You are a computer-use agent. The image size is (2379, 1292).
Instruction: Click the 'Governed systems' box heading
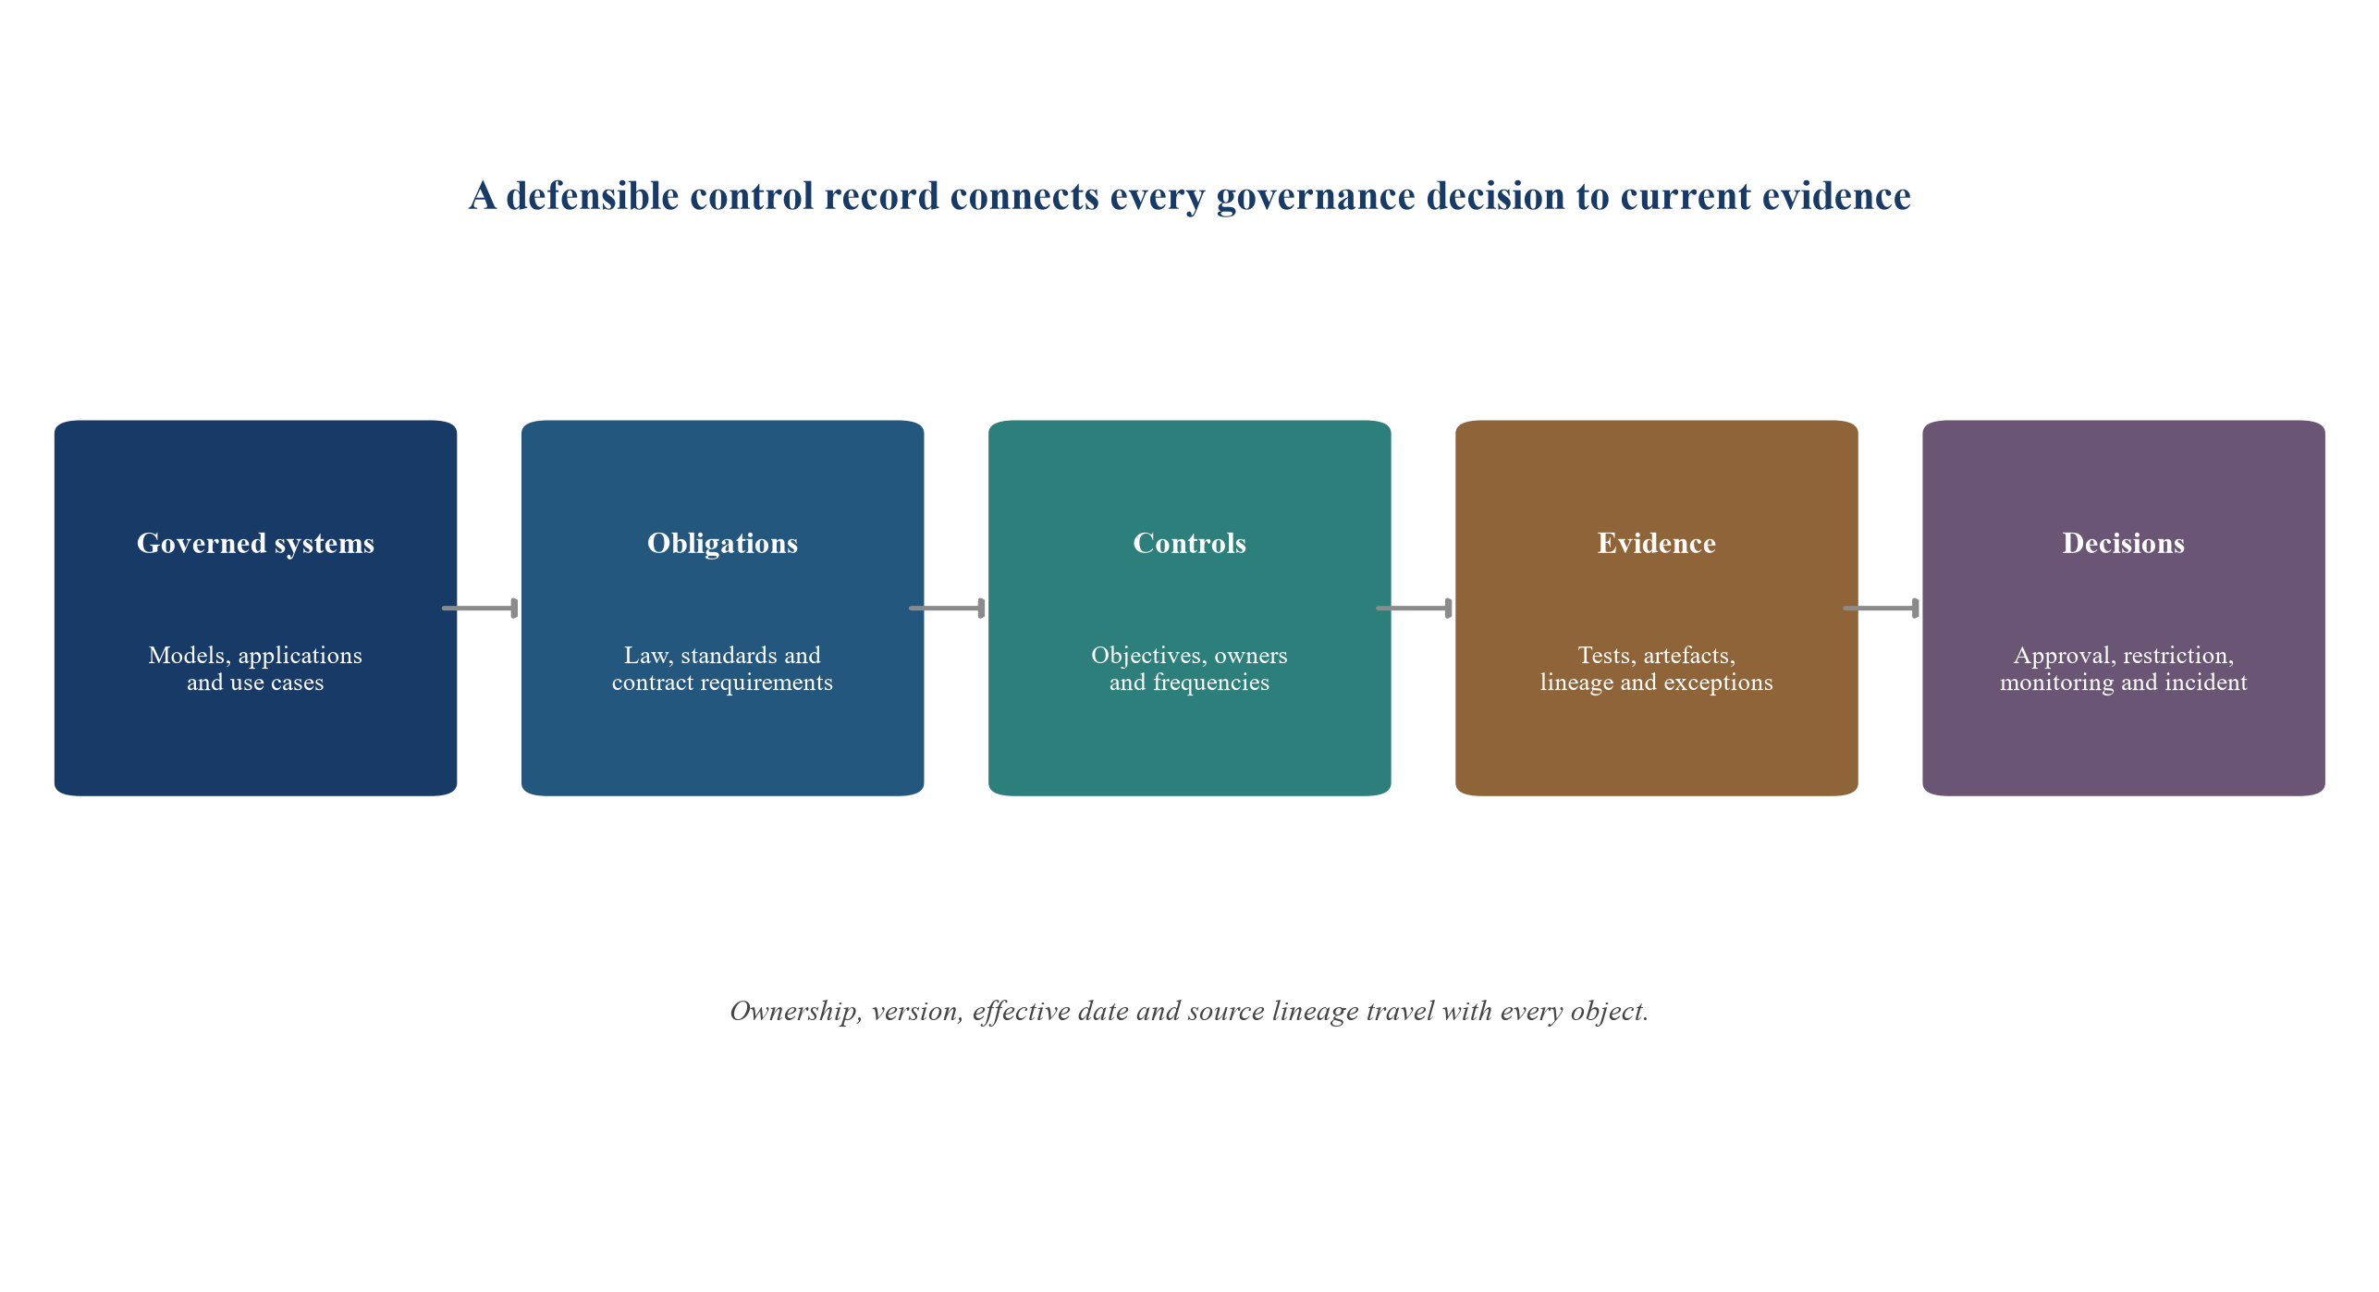tap(255, 543)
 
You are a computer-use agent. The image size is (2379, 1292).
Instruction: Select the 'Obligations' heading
tap(722, 543)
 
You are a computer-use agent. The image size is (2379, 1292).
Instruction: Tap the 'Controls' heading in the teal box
tap(1189, 543)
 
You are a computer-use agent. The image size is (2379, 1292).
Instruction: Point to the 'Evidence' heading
tap(1656, 543)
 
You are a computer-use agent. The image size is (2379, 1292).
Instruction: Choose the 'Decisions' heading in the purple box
tap(2123, 543)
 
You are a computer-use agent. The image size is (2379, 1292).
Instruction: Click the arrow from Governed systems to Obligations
tap(480, 608)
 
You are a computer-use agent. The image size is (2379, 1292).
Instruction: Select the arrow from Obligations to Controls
tap(947, 608)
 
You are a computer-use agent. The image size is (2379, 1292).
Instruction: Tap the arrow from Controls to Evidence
tap(1414, 608)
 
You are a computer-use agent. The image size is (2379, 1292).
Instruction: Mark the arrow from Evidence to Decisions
tap(1881, 608)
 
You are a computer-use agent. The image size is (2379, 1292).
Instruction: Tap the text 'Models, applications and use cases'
tap(255, 669)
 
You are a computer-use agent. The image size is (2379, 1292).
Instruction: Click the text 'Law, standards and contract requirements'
tap(722, 669)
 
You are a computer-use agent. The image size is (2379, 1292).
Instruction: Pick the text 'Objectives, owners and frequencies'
tap(1189, 669)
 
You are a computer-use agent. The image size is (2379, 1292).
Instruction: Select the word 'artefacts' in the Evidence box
tap(1688, 656)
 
